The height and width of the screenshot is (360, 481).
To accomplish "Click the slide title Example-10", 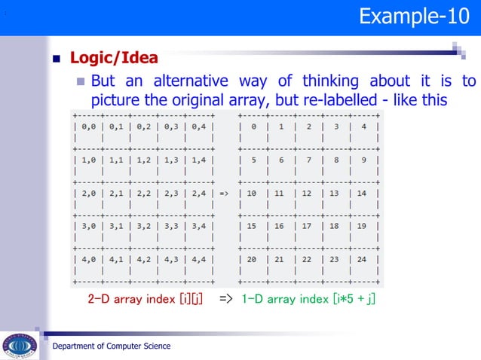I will point(414,17).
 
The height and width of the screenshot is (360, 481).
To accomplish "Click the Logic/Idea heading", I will point(114,57).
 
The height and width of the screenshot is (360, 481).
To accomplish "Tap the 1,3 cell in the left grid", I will point(171,160).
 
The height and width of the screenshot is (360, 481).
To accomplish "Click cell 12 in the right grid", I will point(308,193).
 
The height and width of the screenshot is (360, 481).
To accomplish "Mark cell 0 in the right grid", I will point(254,127).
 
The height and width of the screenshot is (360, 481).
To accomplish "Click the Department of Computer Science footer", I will point(111,346).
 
